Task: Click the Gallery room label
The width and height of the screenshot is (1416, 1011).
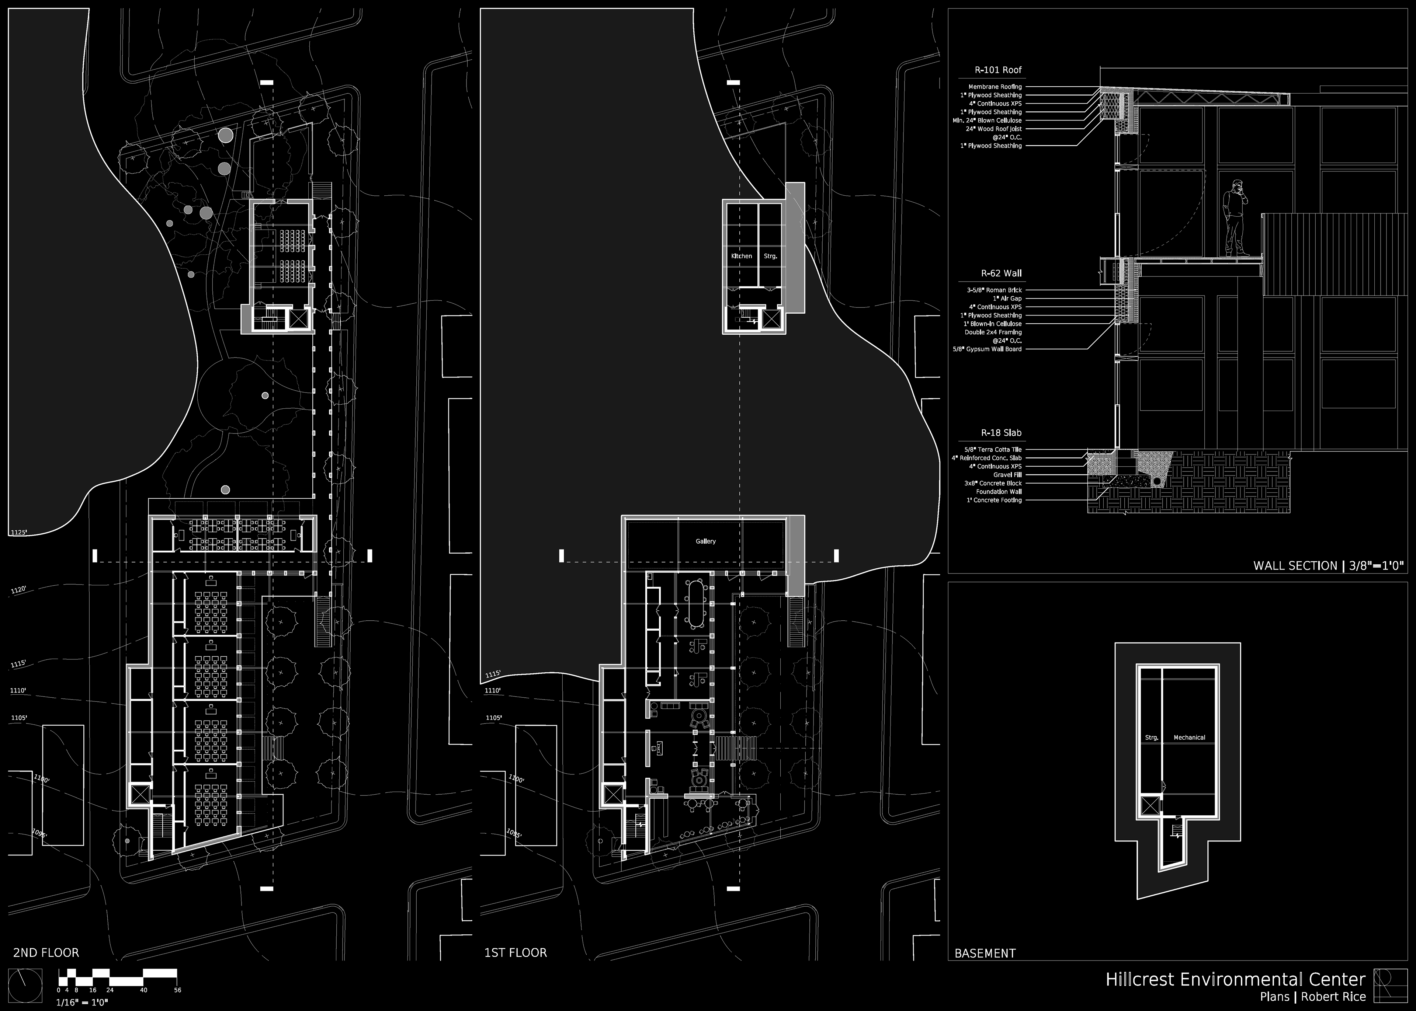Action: [705, 541]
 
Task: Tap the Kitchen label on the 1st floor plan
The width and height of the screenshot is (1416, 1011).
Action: [741, 256]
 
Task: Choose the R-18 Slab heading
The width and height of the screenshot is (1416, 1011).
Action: [1001, 433]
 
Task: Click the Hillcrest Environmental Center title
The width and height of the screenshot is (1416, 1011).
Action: [1235, 979]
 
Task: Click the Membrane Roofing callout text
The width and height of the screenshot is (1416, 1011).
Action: [995, 87]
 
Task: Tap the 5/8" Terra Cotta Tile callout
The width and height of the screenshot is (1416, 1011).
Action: [993, 449]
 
